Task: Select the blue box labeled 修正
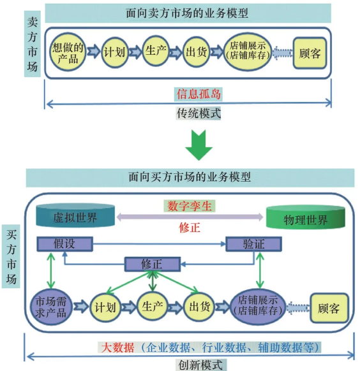[151, 263]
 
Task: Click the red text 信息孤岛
[199, 94]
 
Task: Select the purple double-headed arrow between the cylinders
[190, 217]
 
